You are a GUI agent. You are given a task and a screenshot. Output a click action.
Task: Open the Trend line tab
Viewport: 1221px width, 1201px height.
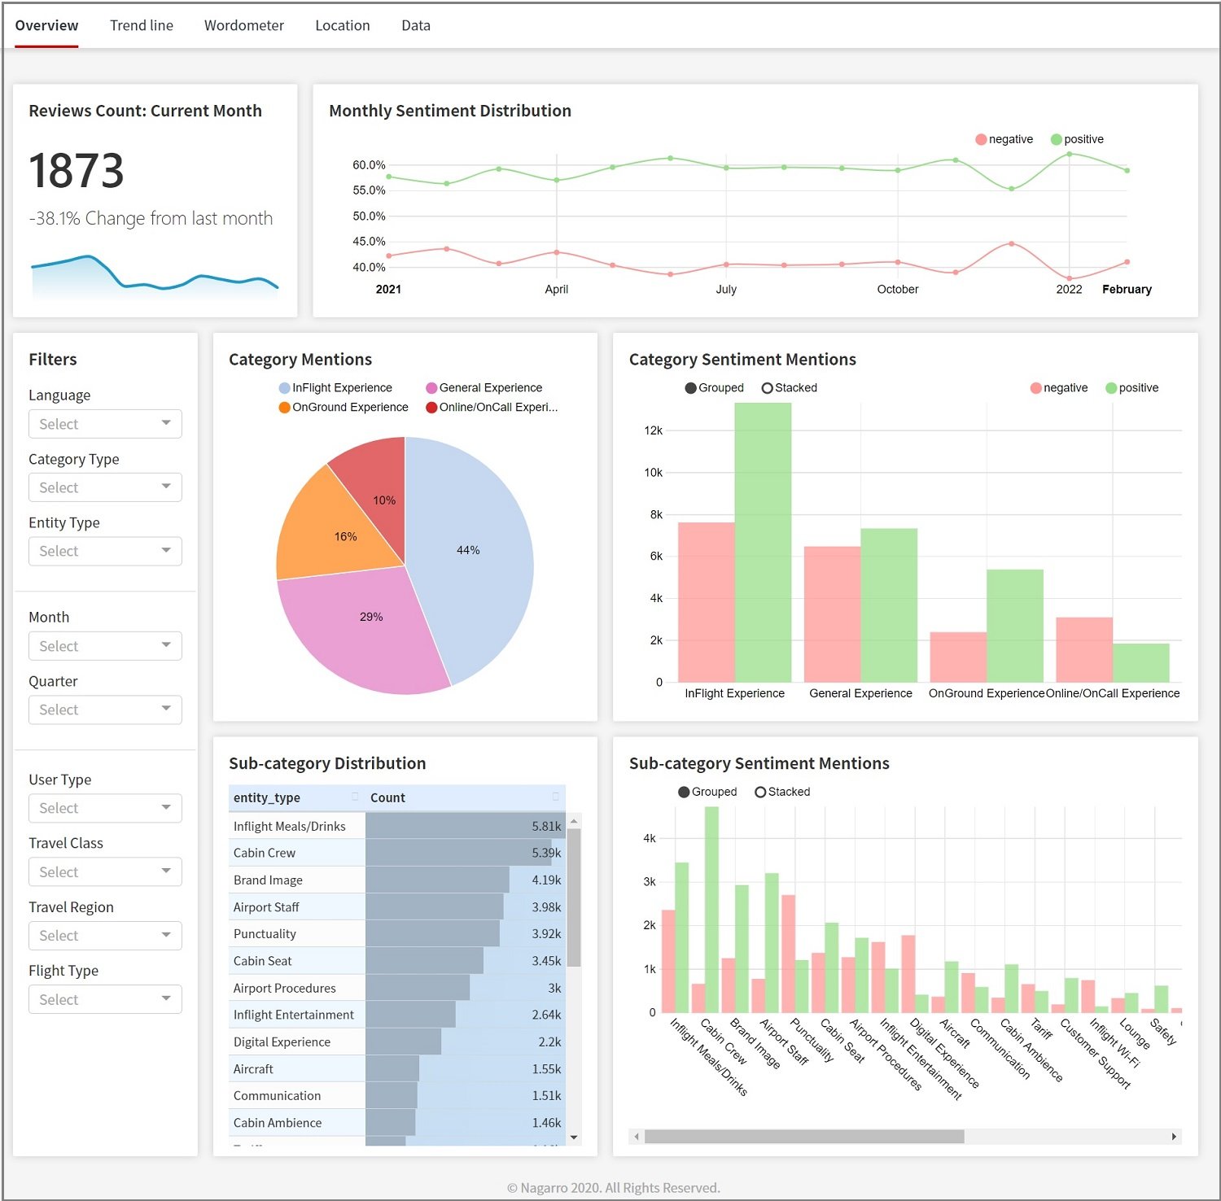pyautogui.click(x=141, y=25)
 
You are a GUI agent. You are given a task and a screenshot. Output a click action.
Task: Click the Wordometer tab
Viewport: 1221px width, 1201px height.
pyautogui.click(x=243, y=25)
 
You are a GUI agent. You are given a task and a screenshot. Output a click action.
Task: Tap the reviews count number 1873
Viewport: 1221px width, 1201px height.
pyautogui.click(x=77, y=171)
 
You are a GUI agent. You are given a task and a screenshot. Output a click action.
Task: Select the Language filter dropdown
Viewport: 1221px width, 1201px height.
pyautogui.click(x=105, y=424)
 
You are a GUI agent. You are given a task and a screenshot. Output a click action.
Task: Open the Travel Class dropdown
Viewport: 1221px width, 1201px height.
pyautogui.click(x=105, y=872)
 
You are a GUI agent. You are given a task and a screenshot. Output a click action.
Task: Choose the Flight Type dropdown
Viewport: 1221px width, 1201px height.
pyautogui.click(x=105, y=999)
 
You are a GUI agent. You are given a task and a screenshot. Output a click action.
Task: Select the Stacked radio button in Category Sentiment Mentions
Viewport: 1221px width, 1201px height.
pyautogui.click(x=768, y=388)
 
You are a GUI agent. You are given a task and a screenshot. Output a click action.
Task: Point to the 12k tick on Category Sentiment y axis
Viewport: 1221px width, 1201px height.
pyautogui.click(x=654, y=430)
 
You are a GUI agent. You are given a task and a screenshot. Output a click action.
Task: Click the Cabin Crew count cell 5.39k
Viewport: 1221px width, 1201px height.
pyautogui.click(x=545, y=853)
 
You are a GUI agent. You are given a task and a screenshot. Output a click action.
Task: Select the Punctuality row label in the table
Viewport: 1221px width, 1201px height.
pyautogui.click(x=265, y=934)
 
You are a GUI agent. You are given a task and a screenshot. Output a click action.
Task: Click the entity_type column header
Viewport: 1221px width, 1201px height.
pyautogui.click(x=267, y=797)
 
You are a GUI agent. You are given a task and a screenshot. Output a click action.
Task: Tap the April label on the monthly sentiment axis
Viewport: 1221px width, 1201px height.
pyautogui.click(x=557, y=289)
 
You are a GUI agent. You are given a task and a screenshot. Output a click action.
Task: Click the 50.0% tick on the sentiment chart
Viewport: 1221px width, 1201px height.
pyautogui.click(x=369, y=216)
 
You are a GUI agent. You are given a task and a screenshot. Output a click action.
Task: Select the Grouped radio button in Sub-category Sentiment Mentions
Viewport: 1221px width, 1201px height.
pyautogui.click(x=685, y=792)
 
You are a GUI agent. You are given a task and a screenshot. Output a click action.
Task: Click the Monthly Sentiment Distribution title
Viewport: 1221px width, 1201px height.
pyautogui.click(x=449, y=111)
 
